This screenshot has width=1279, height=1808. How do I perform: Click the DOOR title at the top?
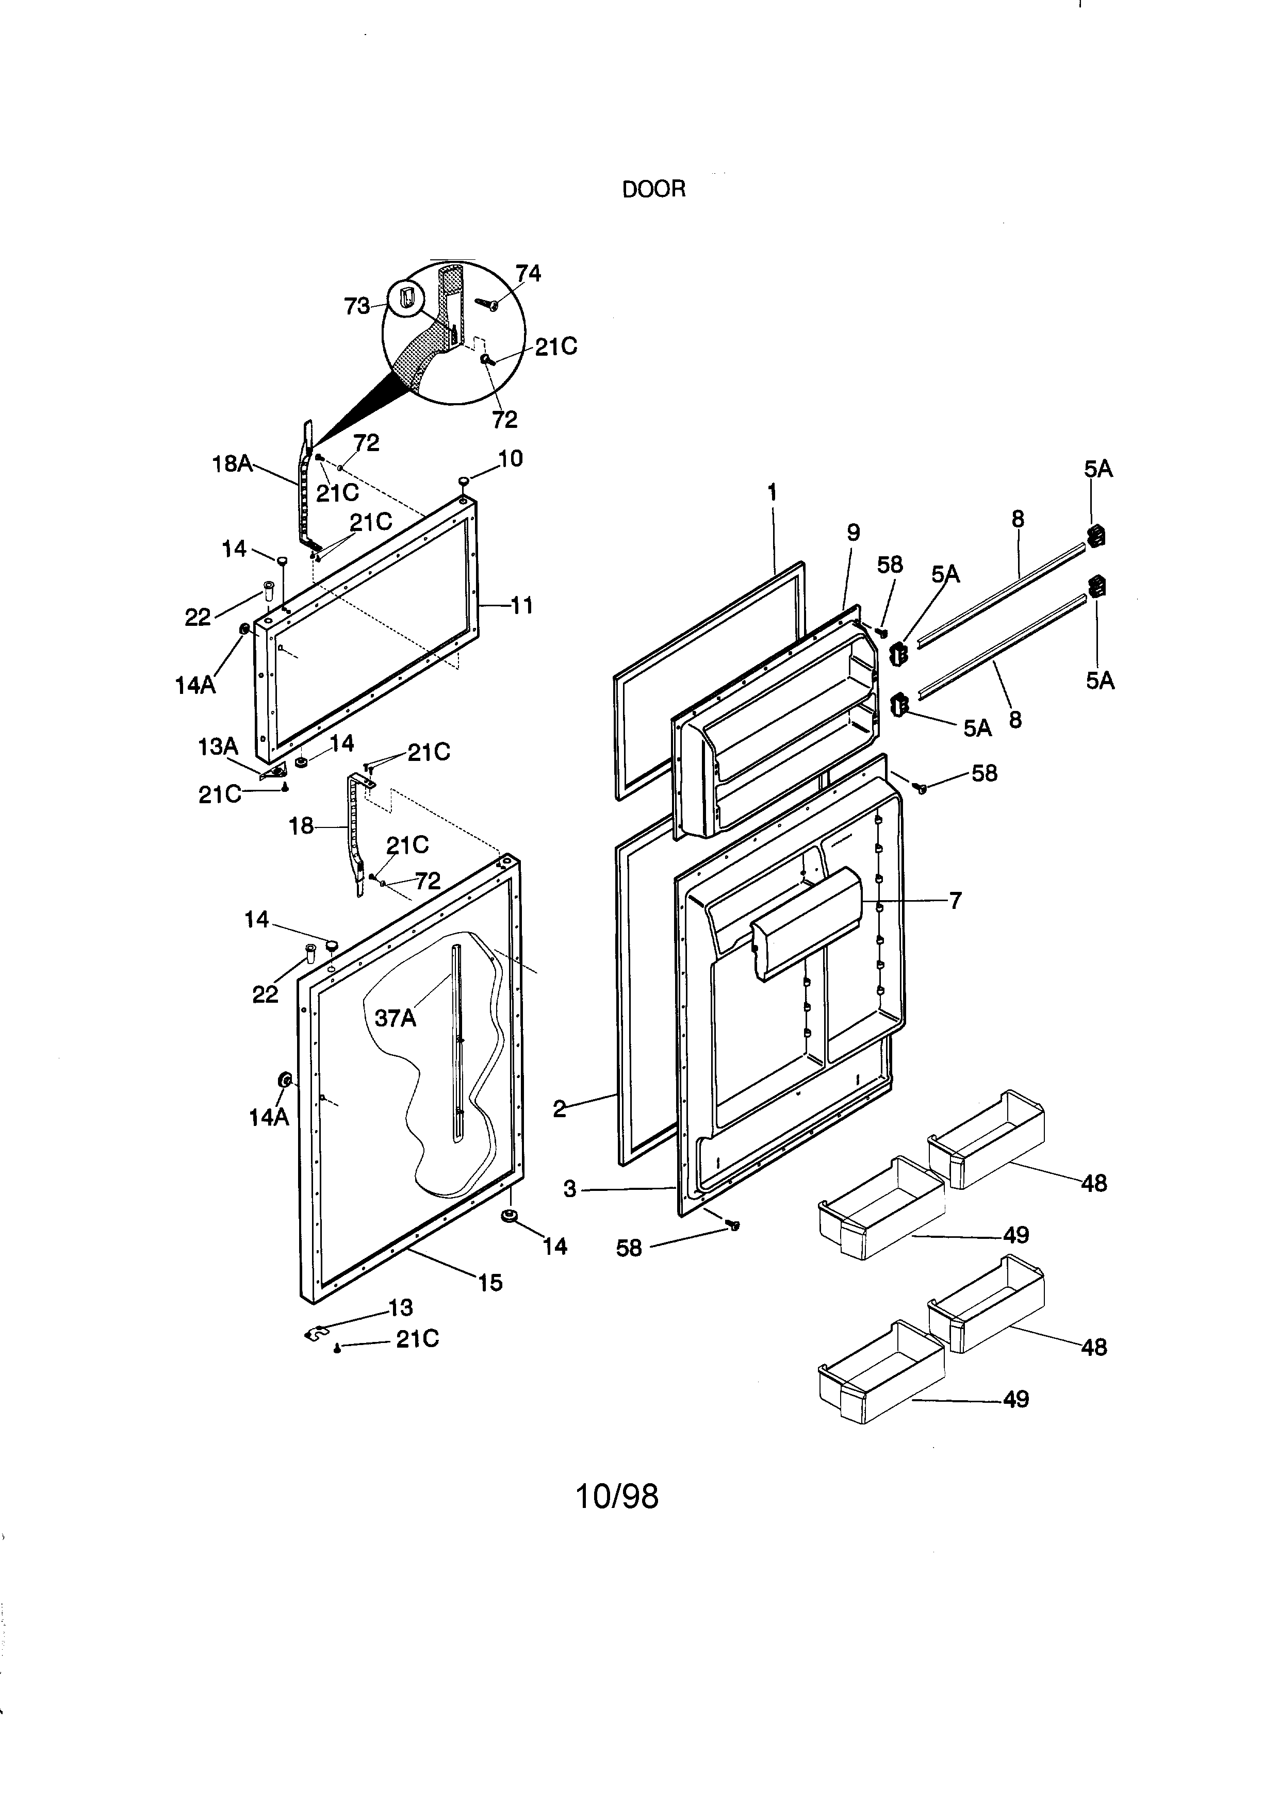tap(653, 190)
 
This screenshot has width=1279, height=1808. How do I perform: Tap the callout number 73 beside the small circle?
tap(357, 306)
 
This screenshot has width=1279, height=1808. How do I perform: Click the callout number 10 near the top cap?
tap(511, 458)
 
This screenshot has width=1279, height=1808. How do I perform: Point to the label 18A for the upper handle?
tap(232, 464)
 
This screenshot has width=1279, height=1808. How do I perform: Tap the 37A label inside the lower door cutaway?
tap(396, 1018)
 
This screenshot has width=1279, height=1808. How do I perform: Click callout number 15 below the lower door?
tap(490, 1283)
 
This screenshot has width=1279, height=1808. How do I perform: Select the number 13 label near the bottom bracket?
tap(400, 1308)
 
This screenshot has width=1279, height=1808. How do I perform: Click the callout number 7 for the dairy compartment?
tap(955, 900)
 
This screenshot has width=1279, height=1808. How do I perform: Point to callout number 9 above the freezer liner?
tap(854, 533)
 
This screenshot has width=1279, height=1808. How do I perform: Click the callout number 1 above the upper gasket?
tap(773, 493)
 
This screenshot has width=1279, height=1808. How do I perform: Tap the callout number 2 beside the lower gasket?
tap(559, 1109)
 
